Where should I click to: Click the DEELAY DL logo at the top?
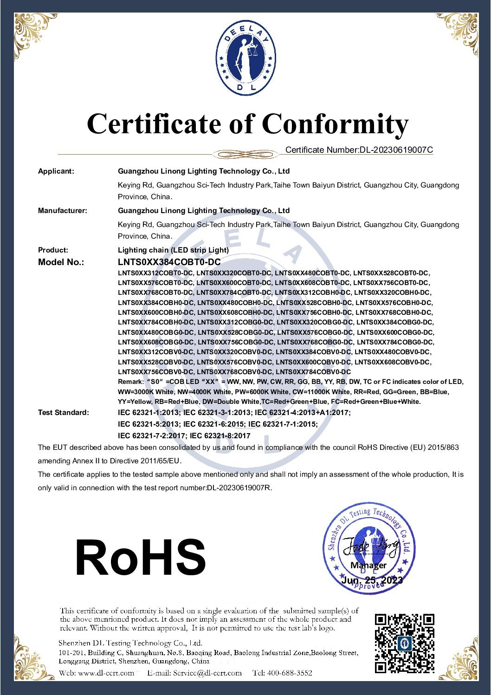(245, 58)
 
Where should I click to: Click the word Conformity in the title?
(335, 124)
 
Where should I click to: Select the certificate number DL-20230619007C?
(396, 150)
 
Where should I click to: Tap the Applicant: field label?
(56, 171)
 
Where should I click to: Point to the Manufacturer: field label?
(63, 211)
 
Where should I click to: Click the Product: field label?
(53, 250)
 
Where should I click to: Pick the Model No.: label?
(61, 262)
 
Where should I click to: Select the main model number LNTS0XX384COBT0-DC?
(169, 262)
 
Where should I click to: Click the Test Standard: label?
(64, 413)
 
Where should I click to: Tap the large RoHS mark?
(141, 557)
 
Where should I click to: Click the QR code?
(405, 643)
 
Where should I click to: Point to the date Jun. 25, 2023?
(372, 580)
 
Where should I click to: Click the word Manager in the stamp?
(368, 565)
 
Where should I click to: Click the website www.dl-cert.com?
(106, 673)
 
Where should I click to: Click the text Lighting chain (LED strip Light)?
(174, 250)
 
